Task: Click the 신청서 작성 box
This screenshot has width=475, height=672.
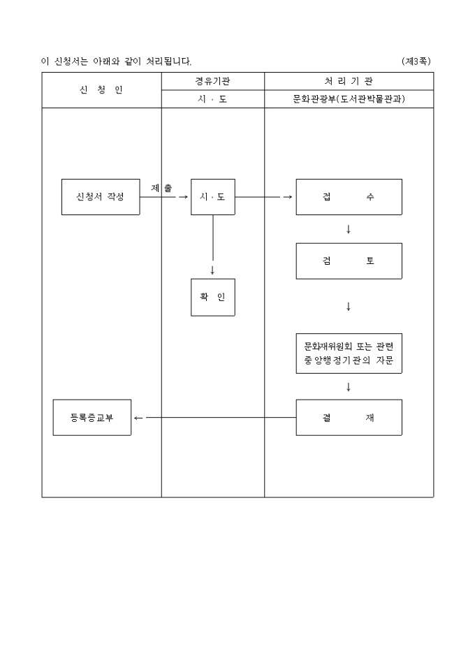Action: [x=101, y=197]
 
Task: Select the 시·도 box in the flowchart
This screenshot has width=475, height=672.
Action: [x=212, y=197]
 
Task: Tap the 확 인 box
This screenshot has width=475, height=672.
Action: [x=212, y=297]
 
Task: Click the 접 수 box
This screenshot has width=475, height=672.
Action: [x=349, y=197]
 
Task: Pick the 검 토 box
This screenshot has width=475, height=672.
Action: [x=349, y=261]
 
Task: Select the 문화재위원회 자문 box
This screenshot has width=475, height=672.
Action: [x=349, y=353]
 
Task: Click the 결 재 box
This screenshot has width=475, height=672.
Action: [x=349, y=418]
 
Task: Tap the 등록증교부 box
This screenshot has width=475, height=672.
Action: [x=92, y=418]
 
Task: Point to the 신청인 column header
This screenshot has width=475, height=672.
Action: [x=101, y=90]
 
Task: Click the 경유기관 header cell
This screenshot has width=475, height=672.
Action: [x=212, y=81]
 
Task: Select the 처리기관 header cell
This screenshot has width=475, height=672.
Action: [x=349, y=81]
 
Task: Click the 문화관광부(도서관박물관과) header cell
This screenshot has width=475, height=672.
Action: [x=349, y=99]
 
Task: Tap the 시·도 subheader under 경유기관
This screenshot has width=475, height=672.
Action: [x=212, y=99]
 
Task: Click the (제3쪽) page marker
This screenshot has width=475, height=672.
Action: [x=416, y=61]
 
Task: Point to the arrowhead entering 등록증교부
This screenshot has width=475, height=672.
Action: [x=138, y=418]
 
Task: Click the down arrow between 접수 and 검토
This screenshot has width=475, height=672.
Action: [x=349, y=229]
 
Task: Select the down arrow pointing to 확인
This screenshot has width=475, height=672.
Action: [x=212, y=270]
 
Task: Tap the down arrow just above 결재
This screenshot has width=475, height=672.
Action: [x=349, y=386]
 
